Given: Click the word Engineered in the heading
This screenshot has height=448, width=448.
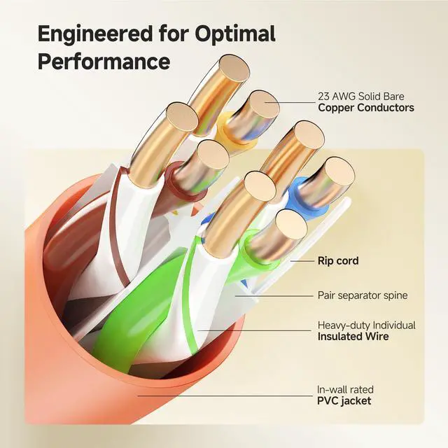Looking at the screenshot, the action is (95, 34).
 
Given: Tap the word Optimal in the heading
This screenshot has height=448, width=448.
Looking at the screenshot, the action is (236, 34).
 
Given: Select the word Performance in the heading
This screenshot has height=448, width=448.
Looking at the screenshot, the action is (104, 61).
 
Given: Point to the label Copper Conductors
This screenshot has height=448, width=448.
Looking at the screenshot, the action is (366, 108).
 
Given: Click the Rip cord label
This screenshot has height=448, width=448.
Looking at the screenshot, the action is (338, 261).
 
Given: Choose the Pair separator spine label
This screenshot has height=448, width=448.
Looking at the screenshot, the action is (363, 295).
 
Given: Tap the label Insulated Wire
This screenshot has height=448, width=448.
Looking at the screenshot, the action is (353, 336).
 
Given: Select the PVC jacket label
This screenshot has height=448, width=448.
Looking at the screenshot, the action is (344, 400).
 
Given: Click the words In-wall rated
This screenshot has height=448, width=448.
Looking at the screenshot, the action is (345, 389).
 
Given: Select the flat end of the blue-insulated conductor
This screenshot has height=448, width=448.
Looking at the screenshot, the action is (339, 172).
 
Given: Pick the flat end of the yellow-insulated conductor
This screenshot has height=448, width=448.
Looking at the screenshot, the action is (263, 106).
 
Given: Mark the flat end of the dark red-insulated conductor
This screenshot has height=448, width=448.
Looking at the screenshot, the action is (213, 155).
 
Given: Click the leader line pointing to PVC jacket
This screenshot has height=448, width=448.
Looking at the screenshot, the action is (225, 395).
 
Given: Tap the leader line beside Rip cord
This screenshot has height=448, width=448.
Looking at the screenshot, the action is (302, 261).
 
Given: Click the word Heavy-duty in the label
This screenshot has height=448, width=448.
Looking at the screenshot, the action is (344, 325).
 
